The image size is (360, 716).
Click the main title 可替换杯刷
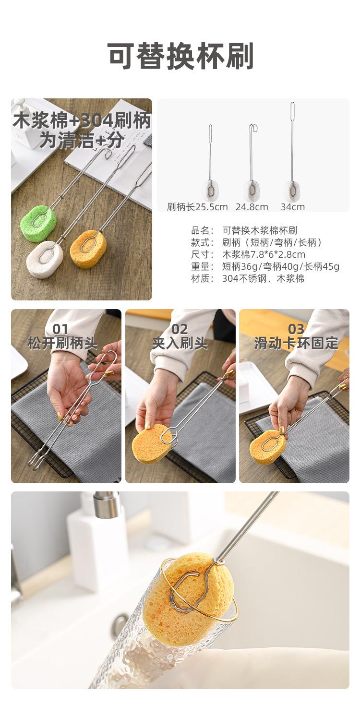tap(180, 56)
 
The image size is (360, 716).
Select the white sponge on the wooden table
tap(45, 259)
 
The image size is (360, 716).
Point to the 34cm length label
tap(292, 207)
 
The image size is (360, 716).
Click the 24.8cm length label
tap(252, 207)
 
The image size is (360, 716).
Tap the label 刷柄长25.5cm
tap(197, 207)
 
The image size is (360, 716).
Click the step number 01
tap(60, 329)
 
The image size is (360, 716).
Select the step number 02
tap(180, 329)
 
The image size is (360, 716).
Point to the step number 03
tap(296, 329)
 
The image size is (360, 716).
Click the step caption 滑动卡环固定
tap(296, 344)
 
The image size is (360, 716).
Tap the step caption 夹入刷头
tap(180, 344)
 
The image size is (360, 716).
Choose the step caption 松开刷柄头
tap(63, 344)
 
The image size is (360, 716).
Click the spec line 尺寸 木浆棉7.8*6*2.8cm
tap(248, 254)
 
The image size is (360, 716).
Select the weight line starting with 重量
tap(265, 266)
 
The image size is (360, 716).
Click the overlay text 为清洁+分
tap(82, 140)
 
